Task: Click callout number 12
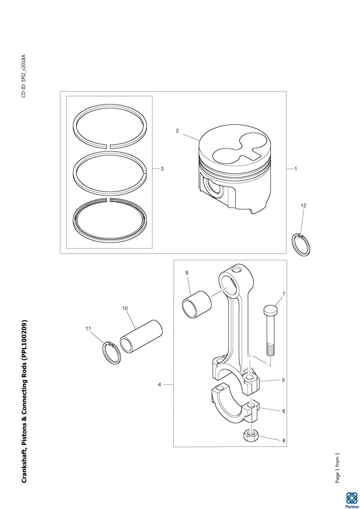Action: (303, 206)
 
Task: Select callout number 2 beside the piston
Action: (177, 131)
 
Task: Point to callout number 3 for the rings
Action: (162, 169)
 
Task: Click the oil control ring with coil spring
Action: (110, 220)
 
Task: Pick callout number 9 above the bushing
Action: (187, 273)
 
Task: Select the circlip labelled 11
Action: (112, 353)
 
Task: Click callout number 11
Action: (88, 328)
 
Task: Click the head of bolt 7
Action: (270, 309)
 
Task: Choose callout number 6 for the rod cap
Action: (284, 411)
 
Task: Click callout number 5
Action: (284, 380)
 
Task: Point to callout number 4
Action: (160, 385)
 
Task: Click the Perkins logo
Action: (352, 499)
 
